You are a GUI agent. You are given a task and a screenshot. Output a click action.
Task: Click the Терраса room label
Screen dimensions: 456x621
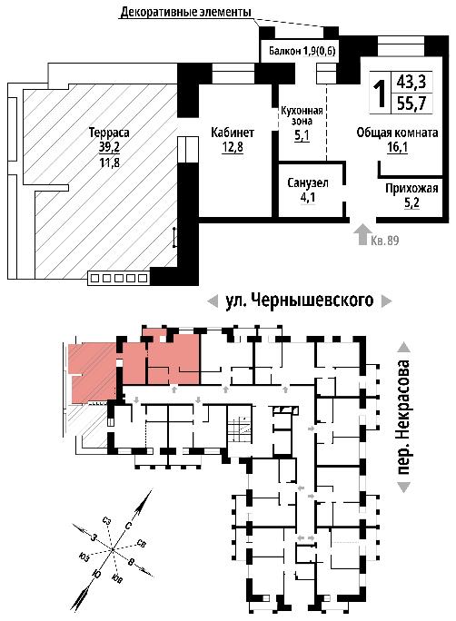109,133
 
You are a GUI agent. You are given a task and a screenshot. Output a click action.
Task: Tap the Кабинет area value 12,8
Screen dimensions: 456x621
233,147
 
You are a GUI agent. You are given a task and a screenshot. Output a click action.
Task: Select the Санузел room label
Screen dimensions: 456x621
308,183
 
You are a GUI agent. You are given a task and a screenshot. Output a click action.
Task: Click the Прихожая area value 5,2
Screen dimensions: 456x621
411,202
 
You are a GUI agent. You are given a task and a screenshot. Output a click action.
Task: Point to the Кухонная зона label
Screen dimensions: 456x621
302,115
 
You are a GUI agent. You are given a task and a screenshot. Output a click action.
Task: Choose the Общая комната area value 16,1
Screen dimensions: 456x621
397,147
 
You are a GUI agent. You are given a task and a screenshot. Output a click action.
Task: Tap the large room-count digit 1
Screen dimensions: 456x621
380,94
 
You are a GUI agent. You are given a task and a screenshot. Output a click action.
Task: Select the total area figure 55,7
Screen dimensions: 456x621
411,103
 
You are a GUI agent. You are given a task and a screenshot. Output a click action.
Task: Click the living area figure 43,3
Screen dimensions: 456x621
411,83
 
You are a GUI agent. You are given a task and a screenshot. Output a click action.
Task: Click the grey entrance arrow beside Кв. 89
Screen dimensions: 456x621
362,234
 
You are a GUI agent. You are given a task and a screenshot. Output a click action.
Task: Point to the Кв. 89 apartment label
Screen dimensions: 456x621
384,240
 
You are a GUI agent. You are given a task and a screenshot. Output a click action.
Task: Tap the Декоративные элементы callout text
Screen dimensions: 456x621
186,13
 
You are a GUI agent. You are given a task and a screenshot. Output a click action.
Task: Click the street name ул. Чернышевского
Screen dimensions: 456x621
300,301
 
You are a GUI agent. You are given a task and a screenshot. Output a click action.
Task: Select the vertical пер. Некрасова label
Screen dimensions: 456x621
403,417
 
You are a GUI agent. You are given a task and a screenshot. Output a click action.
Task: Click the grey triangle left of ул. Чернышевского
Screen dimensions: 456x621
213,301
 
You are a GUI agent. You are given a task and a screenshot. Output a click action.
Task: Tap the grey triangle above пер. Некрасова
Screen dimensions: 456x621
404,347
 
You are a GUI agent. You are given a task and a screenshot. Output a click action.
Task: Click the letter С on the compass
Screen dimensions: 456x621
128,525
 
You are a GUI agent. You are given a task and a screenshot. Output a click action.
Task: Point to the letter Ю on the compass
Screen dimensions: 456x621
96,575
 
